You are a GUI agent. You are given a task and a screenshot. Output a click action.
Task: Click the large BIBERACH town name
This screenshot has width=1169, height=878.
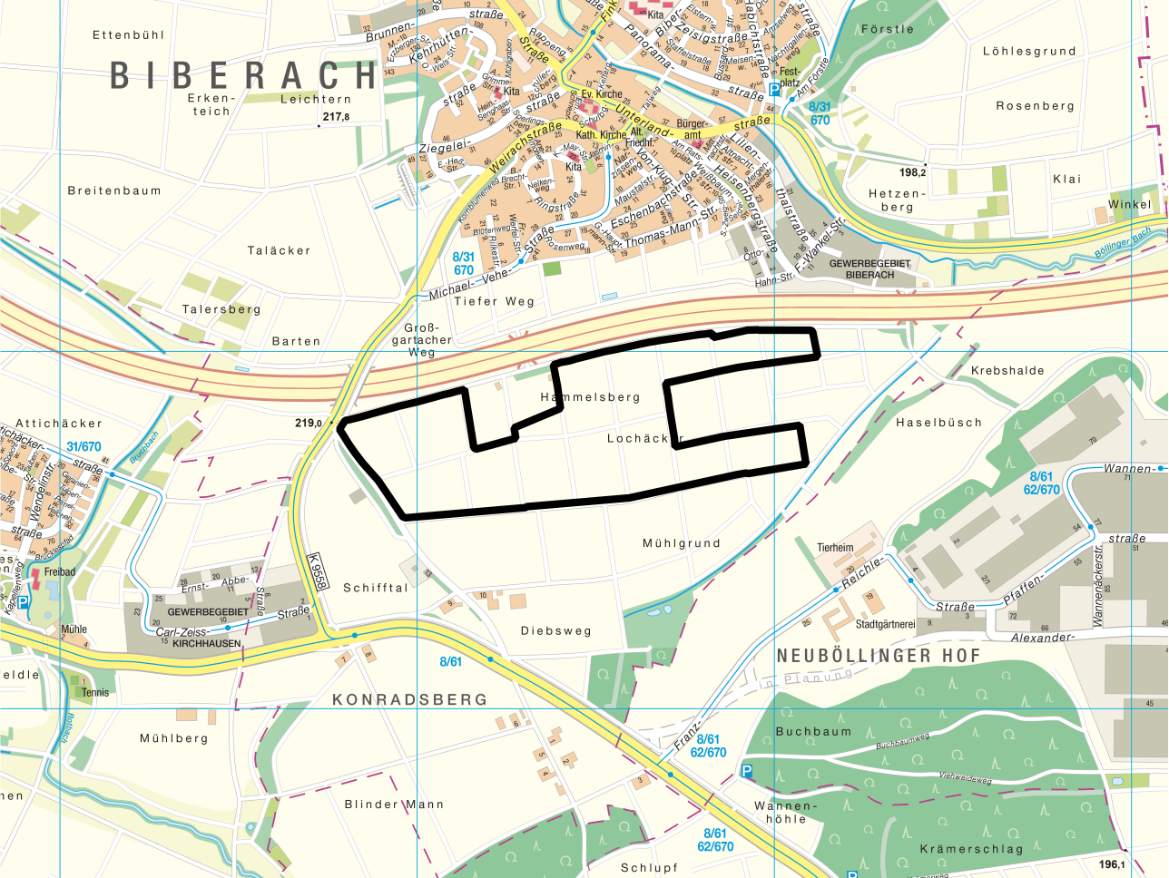tap(243, 76)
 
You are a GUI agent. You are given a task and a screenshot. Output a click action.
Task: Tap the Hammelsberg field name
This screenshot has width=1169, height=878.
tap(590, 397)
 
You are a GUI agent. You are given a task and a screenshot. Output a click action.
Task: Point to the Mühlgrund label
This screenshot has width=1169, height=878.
tap(682, 543)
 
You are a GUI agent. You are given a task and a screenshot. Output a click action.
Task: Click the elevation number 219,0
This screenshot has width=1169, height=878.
tap(309, 423)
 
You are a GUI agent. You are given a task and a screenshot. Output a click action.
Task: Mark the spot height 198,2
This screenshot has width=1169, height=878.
tap(913, 172)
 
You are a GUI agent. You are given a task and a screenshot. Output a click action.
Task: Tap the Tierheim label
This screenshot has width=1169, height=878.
tap(835, 548)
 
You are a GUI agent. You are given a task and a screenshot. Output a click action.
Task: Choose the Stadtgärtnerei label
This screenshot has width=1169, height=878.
tap(886, 624)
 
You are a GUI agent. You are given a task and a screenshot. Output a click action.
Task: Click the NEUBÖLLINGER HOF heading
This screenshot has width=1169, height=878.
tap(879, 655)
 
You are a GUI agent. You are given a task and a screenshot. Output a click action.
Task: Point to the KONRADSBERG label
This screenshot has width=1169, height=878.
tap(410, 699)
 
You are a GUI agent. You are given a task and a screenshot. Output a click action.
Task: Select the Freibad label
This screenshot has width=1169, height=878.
tap(60, 572)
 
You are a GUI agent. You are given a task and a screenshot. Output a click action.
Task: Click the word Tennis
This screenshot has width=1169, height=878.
tap(95, 692)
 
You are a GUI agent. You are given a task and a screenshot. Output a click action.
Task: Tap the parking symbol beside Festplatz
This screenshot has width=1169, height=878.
tap(773, 89)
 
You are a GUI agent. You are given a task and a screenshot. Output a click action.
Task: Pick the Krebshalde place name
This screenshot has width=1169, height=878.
tap(1007, 371)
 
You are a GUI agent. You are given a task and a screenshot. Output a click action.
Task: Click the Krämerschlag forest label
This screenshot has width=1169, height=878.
tap(971, 849)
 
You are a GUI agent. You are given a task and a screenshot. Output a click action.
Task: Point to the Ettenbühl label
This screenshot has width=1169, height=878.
tap(129, 35)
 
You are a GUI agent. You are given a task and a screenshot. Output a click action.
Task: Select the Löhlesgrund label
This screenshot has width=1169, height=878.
tap(1029, 52)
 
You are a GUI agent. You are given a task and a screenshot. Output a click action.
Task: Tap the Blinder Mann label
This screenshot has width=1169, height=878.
tap(394, 805)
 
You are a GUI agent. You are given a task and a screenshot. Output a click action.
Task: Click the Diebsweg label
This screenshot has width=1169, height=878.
tap(555, 630)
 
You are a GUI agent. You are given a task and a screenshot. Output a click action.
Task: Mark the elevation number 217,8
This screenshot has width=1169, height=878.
tap(336, 117)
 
